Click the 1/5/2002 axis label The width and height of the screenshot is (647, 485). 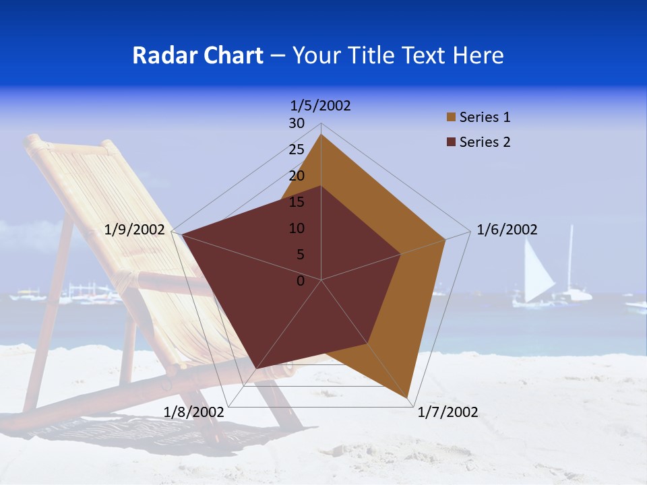click(320, 105)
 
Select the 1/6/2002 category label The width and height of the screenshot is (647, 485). click(507, 230)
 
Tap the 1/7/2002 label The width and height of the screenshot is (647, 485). click(448, 412)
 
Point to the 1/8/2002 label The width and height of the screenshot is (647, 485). click(194, 412)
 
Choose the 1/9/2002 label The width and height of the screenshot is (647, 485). click(135, 230)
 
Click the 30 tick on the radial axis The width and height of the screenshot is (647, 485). click(297, 123)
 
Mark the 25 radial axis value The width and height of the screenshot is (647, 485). click(297, 150)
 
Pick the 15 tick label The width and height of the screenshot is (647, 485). click(297, 202)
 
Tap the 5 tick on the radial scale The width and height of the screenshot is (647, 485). click(300, 255)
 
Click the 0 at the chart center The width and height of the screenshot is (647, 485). click(301, 281)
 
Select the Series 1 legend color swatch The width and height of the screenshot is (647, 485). click(451, 118)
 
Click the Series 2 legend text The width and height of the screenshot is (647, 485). click(485, 142)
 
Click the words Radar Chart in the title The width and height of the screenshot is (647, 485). click(197, 55)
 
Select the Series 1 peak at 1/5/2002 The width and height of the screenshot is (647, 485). click(321, 134)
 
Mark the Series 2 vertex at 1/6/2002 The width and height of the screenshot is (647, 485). click(401, 254)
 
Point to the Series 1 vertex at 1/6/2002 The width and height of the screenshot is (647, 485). click(445, 239)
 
